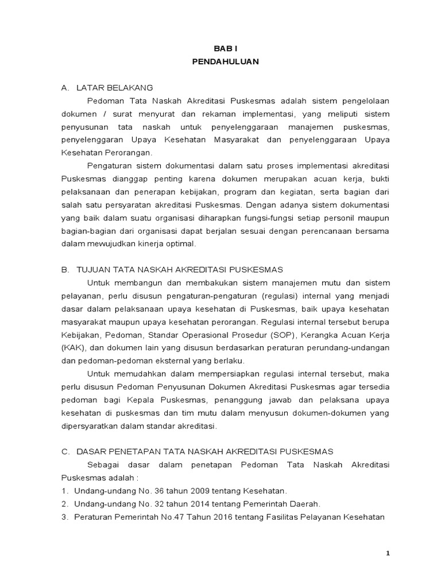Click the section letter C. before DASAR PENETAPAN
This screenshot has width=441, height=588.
(65, 452)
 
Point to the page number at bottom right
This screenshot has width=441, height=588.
(388, 553)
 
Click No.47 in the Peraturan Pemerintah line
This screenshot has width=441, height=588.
(168, 517)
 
